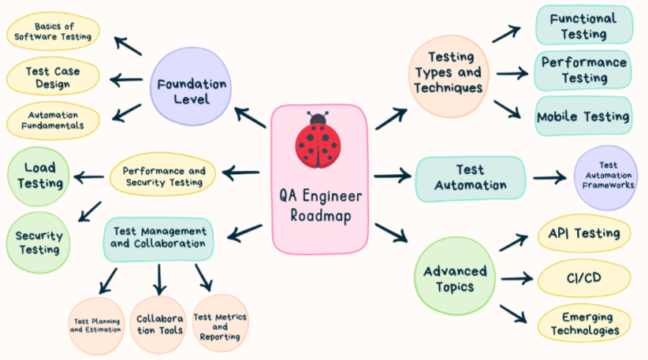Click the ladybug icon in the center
(x=318, y=140)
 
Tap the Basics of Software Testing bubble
(x=54, y=32)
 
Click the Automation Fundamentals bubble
(x=54, y=119)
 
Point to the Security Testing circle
(x=39, y=242)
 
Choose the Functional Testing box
(x=583, y=25)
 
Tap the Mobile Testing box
(x=583, y=117)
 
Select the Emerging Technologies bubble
(x=584, y=323)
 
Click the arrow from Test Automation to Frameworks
(x=549, y=177)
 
